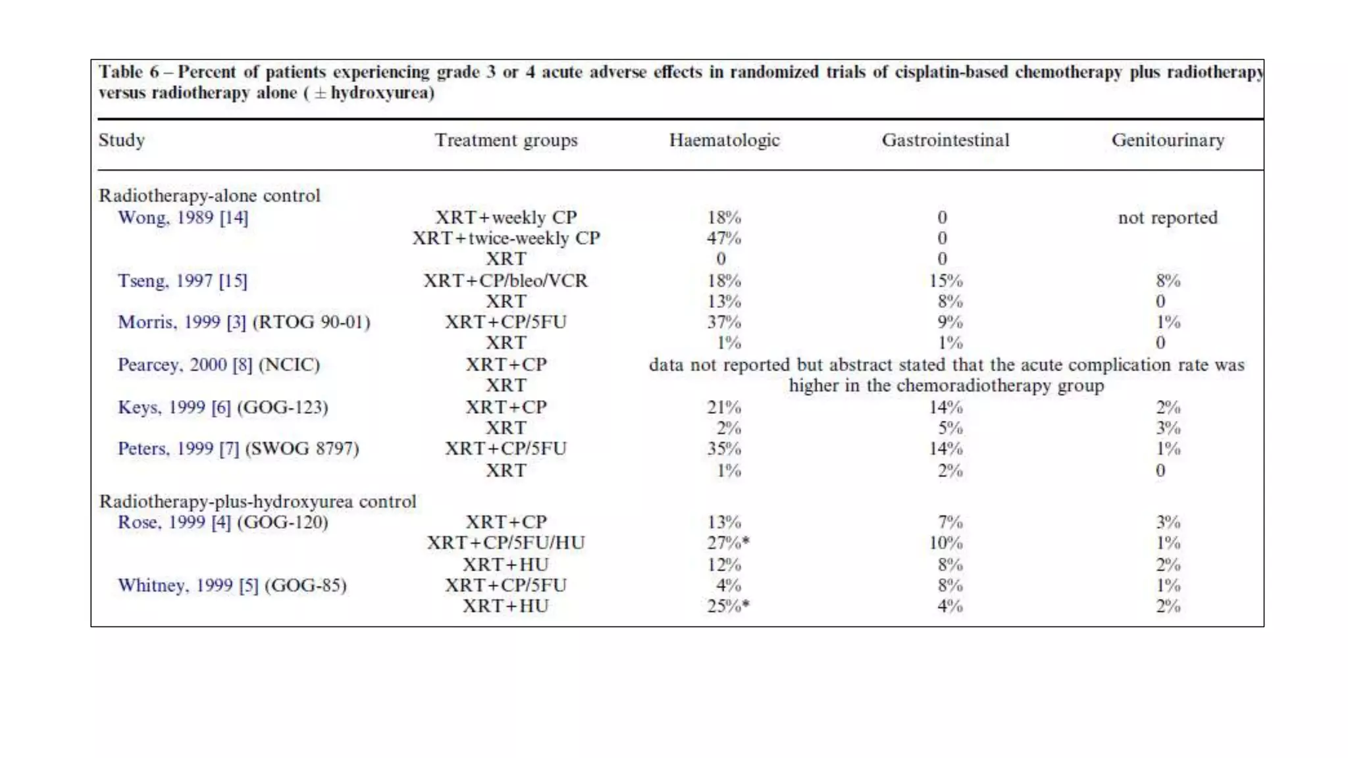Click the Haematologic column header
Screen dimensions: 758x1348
click(724, 140)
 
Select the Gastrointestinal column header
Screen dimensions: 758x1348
click(945, 140)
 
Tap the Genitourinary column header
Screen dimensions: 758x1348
click(1168, 140)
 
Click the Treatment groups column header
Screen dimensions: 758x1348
click(505, 140)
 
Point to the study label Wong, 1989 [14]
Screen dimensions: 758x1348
click(183, 218)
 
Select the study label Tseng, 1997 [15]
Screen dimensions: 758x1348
click(182, 281)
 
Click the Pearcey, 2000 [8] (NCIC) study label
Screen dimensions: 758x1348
click(219, 365)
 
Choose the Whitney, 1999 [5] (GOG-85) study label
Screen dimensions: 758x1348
click(232, 586)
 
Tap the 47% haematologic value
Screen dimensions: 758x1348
click(724, 238)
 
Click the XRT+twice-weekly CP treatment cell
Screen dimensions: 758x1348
click(505, 238)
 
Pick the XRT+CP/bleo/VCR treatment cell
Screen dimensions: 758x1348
click(505, 281)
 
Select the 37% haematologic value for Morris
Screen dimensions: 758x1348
click(724, 322)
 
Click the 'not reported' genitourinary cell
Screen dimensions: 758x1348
click(1168, 218)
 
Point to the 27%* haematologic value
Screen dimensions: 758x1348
click(728, 543)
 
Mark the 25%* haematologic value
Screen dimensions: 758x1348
click(728, 607)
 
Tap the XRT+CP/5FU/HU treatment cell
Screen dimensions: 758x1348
click(505, 543)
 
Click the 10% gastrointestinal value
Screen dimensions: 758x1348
click(946, 543)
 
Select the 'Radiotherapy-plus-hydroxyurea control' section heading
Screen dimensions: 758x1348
click(257, 501)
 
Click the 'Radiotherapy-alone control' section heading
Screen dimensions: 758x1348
click(209, 196)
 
